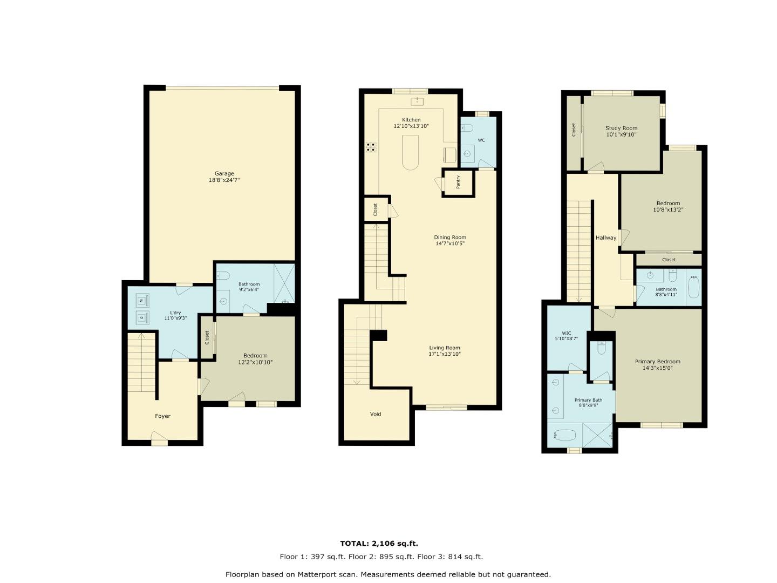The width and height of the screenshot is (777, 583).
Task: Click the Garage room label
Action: (224, 173)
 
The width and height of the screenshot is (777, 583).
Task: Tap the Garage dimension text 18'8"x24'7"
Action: (224, 180)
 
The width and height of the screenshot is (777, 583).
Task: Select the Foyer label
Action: (162, 416)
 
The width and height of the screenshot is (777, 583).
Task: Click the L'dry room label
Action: (175, 313)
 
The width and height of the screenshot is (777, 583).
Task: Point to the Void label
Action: (376, 414)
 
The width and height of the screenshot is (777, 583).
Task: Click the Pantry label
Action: (458, 182)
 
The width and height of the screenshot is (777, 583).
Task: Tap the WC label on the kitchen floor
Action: (481, 140)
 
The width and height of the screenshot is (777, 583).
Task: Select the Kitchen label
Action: (411, 120)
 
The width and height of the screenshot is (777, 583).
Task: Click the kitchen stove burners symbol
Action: (371, 147)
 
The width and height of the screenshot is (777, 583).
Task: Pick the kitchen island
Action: (411, 152)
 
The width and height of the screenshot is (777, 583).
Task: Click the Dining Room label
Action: (450, 238)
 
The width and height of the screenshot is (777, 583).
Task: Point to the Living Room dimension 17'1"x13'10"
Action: (445, 355)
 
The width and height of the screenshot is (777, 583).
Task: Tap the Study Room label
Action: (621, 128)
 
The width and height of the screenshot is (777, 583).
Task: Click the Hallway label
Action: (606, 238)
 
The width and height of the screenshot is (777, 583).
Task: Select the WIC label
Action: (566, 333)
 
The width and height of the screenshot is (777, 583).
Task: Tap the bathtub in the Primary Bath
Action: (564, 435)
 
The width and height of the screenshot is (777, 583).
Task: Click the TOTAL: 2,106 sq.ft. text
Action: (379, 544)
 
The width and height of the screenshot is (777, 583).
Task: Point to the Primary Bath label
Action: (588, 400)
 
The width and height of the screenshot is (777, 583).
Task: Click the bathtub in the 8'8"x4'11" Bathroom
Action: (693, 287)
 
